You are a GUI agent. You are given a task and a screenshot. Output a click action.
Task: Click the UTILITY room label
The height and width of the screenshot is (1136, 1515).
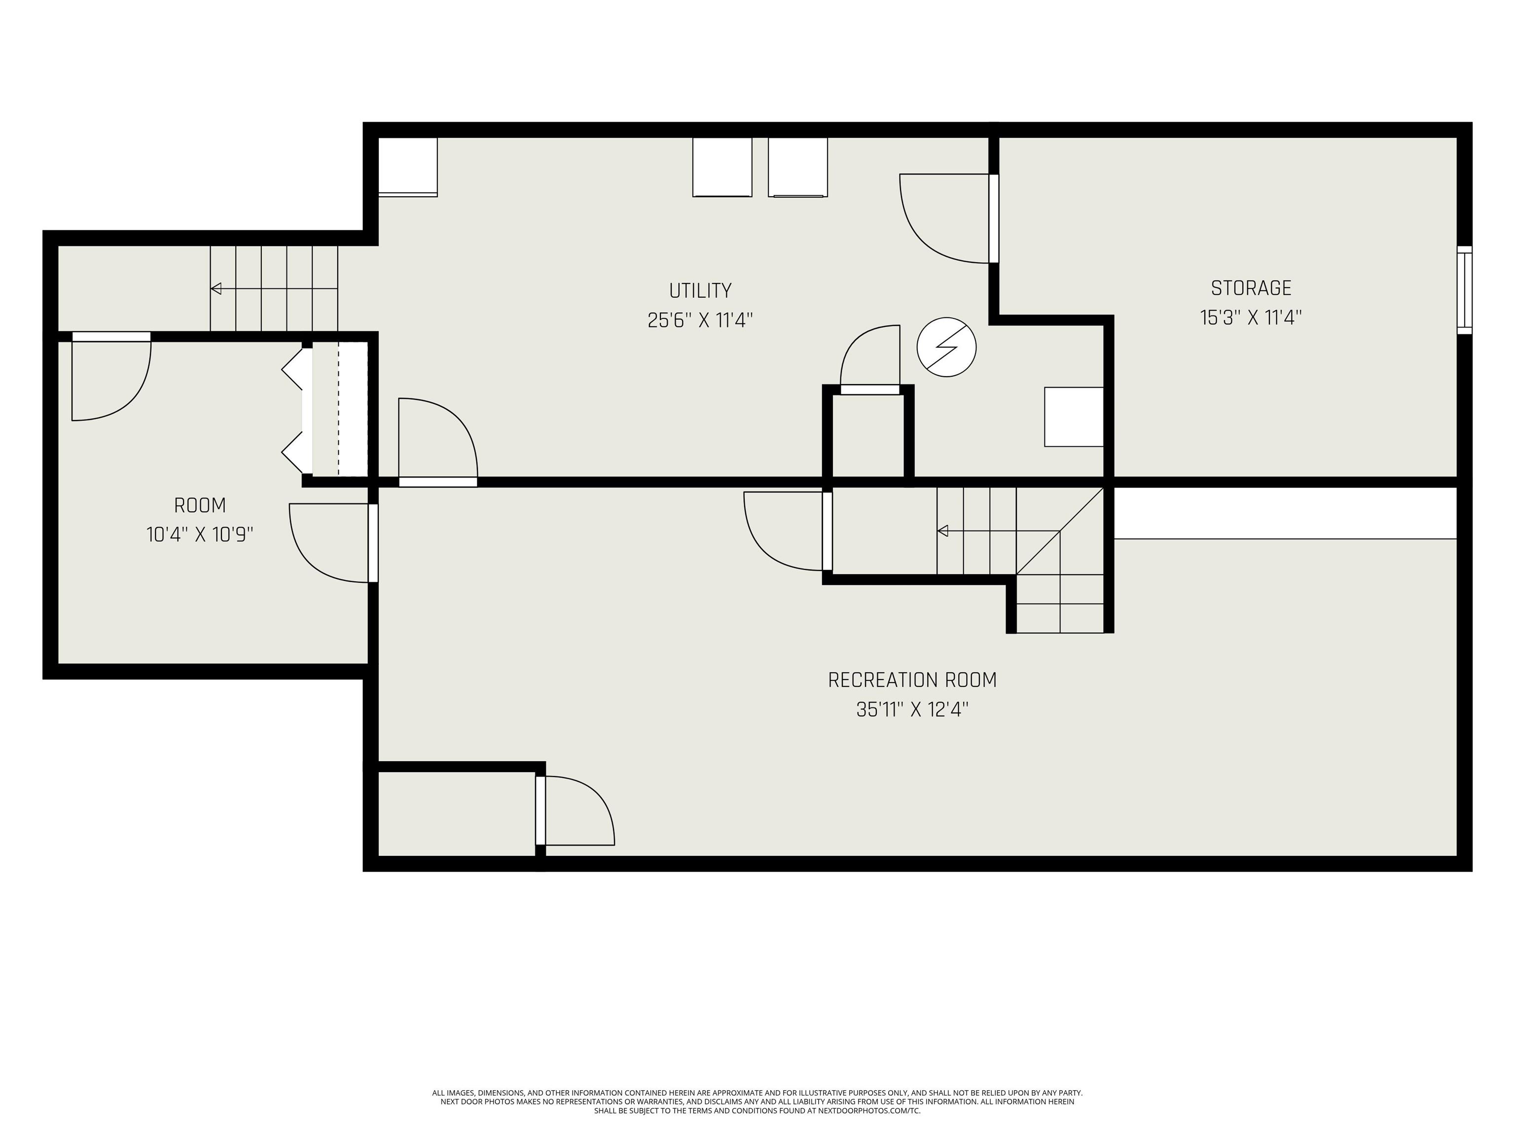pos(700,290)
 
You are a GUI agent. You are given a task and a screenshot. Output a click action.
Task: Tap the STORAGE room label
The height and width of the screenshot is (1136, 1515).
pos(1251,288)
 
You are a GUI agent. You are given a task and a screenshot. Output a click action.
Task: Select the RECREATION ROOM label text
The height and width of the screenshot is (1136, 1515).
pos(912,680)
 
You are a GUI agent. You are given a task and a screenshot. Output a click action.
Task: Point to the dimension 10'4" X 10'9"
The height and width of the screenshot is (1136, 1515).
pos(200,534)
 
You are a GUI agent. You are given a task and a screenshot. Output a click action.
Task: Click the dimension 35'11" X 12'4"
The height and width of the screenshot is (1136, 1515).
pos(912,710)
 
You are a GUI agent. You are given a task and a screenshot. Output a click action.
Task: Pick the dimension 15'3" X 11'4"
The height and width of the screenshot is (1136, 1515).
pos(1251,318)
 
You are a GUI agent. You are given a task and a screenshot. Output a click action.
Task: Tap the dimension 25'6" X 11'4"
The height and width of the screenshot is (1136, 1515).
pos(700,320)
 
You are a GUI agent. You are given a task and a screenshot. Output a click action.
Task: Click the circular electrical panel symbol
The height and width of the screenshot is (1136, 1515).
pos(946,347)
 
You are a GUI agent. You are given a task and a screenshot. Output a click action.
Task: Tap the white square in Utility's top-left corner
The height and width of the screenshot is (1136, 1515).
pos(407,167)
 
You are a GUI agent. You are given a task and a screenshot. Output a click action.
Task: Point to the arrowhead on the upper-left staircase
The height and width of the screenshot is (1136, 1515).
pos(216,288)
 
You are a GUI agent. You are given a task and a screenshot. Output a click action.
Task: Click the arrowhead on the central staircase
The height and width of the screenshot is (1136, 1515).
pos(942,531)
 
